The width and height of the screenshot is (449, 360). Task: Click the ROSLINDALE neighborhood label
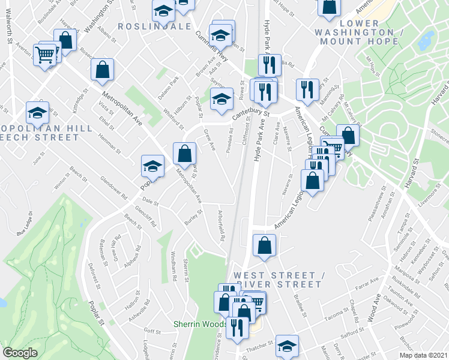(154, 26)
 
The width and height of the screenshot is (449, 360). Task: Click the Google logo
(20, 353)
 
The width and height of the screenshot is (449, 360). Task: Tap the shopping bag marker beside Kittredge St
(103, 69)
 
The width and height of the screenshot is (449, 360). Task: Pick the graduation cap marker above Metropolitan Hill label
(37, 112)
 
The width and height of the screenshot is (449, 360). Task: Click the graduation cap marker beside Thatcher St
(287, 345)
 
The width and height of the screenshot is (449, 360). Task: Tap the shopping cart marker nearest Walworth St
(45, 55)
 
